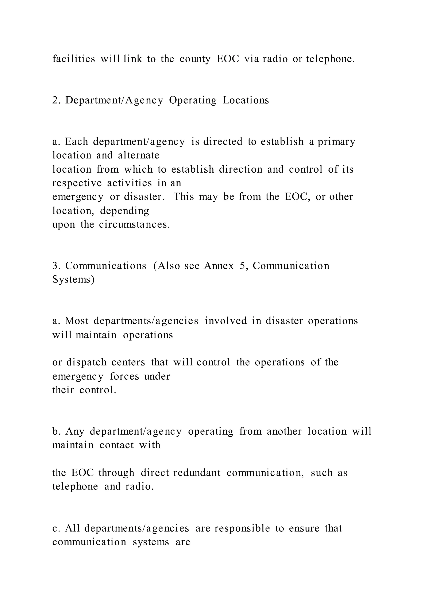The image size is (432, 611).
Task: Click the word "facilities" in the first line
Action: [x=73, y=59]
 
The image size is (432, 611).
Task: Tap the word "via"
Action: [x=251, y=59]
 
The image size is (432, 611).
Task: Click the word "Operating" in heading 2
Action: [x=193, y=101]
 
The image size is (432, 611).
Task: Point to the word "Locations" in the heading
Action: [x=246, y=100]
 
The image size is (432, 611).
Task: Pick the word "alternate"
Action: [x=139, y=155]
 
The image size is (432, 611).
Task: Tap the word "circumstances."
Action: [x=135, y=224]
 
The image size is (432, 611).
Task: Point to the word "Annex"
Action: [x=219, y=266]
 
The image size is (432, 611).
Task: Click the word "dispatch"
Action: [x=86, y=362]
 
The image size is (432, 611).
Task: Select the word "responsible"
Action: [x=242, y=528]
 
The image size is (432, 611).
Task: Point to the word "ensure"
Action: [x=304, y=528]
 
